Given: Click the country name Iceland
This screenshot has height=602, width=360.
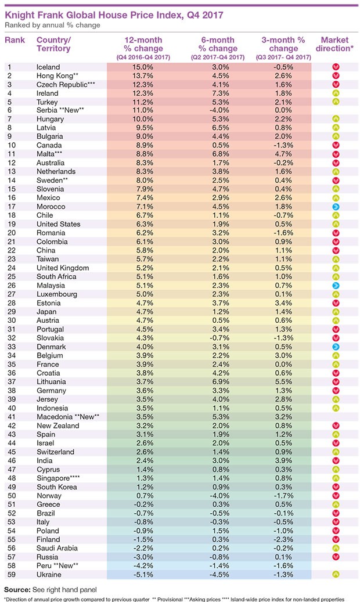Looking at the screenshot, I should [48, 67].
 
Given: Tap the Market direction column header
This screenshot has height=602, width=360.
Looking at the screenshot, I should [335, 44].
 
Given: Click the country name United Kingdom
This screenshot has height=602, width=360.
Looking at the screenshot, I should [62, 268].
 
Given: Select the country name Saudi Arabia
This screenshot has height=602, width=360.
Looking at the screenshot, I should [57, 547].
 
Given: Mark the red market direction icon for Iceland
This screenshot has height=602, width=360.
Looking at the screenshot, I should [335, 67].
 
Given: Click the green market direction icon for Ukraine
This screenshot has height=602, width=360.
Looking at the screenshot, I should [335, 575].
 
